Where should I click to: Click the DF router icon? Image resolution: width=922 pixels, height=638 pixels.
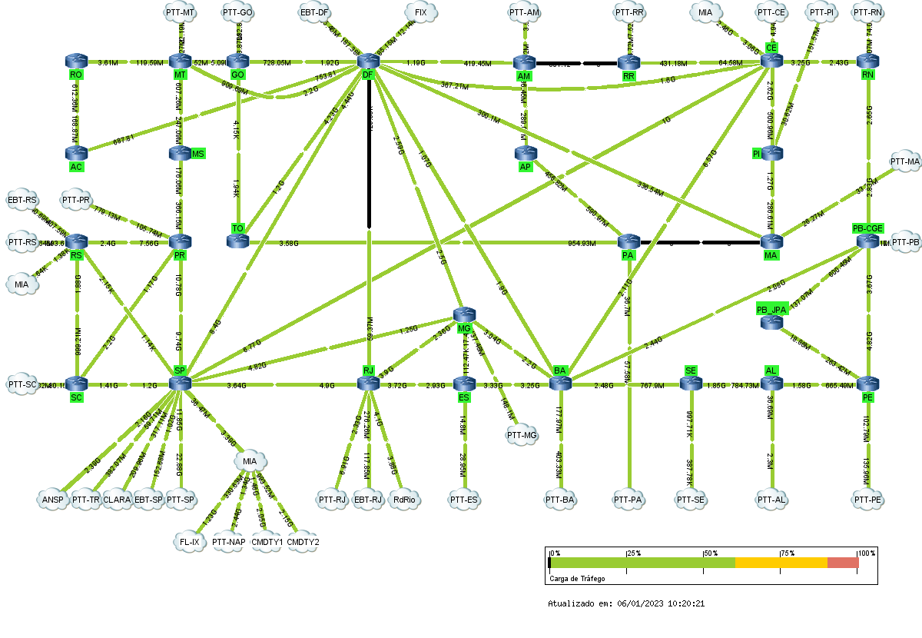369,61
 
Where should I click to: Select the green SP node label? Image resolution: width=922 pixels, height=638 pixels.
180,371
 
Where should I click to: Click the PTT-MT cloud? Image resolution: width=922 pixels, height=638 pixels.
180,12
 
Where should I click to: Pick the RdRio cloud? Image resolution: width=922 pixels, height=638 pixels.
403,500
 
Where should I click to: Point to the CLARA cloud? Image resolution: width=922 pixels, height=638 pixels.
117,500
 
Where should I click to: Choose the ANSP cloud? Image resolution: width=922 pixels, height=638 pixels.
53,500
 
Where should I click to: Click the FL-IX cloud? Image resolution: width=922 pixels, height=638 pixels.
188,541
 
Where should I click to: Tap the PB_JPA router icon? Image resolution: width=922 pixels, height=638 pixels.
771,323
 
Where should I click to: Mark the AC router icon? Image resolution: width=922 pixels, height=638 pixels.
76,153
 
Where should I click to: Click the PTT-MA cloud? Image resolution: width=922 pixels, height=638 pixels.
904,161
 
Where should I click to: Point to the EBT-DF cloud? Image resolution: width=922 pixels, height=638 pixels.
315,12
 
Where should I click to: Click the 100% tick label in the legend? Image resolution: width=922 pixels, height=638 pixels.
866,553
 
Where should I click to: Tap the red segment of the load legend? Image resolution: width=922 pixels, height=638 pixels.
842,563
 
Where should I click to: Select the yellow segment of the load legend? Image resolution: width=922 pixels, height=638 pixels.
781,563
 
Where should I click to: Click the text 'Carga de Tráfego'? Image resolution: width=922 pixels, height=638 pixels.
577,578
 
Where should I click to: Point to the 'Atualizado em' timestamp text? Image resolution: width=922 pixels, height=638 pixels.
626,603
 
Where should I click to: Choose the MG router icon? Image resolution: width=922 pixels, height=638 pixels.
465,314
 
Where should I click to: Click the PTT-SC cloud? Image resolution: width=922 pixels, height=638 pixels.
22,384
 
